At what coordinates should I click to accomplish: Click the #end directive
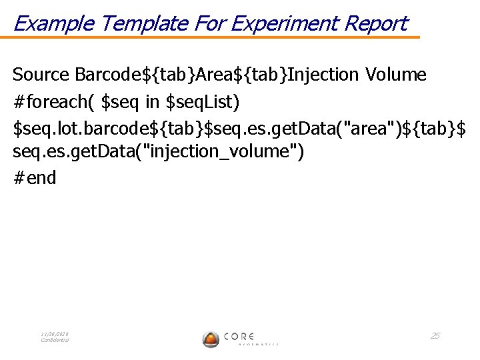pos(35,178)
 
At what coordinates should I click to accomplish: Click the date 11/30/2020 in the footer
pos(55,334)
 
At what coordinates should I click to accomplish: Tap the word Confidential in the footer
pos(55,340)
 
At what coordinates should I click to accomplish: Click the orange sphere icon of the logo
pos(211,339)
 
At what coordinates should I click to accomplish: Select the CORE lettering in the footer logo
pos(239,336)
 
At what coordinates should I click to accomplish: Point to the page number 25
pos(435,335)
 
